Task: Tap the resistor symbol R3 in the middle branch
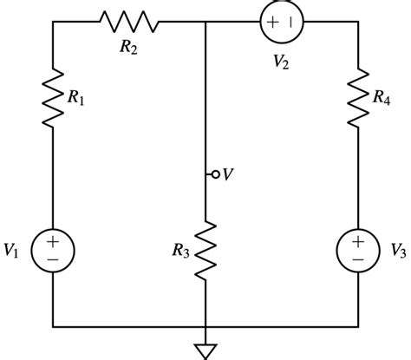pyautogui.click(x=205, y=251)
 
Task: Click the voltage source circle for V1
pyautogui.click(x=53, y=250)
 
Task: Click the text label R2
pyautogui.click(x=129, y=46)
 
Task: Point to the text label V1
pyautogui.click(x=12, y=251)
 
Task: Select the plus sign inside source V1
pyautogui.click(x=53, y=240)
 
